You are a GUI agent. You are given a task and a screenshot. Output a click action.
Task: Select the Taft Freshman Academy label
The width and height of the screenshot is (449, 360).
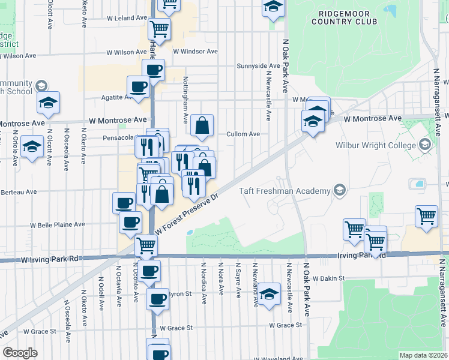point(285,191)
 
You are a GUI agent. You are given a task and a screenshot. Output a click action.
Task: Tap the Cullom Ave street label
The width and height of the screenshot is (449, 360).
point(243,134)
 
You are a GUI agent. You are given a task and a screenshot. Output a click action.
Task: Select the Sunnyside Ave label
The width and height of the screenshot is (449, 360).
point(258,65)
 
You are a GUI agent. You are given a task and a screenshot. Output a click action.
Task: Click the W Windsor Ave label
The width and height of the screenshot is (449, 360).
point(195,52)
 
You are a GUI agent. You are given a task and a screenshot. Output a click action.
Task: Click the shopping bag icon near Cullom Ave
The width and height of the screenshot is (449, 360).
point(202,126)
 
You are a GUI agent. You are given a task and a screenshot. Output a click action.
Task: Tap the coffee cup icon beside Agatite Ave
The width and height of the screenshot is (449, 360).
point(139,86)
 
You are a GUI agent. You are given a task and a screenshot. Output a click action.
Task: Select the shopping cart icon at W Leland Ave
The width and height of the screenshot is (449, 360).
point(159,28)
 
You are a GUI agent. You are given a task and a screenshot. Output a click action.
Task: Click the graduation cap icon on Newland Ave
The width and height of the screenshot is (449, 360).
point(270,293)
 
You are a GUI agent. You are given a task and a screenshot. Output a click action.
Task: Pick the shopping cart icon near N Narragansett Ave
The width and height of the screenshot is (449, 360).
point(426,216)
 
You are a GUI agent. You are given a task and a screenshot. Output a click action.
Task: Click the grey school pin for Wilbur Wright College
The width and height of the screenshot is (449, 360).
point(425,145)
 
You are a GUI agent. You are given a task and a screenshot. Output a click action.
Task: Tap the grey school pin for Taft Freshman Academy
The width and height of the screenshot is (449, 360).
point(340,191)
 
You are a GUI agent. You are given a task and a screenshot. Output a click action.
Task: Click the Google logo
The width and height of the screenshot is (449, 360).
point(20,353)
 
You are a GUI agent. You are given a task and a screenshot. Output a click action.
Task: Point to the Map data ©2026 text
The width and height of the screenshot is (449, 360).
point(423,355)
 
